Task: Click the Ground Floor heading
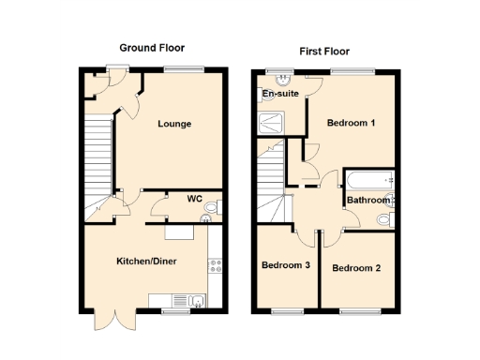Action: [x=152, y=48]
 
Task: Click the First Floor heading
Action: [x=324, y=52]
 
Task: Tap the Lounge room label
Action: [x=174, y=124]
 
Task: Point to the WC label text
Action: [x=195, y=198]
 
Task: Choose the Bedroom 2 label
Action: [x=356, y=268]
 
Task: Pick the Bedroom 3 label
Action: [x=286, y=265]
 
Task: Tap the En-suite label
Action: [x=280, y=94]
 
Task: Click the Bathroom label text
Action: [x=368, y=200]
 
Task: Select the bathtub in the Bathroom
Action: [x=369, y=179]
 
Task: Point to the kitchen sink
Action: [x=199, y=300]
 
